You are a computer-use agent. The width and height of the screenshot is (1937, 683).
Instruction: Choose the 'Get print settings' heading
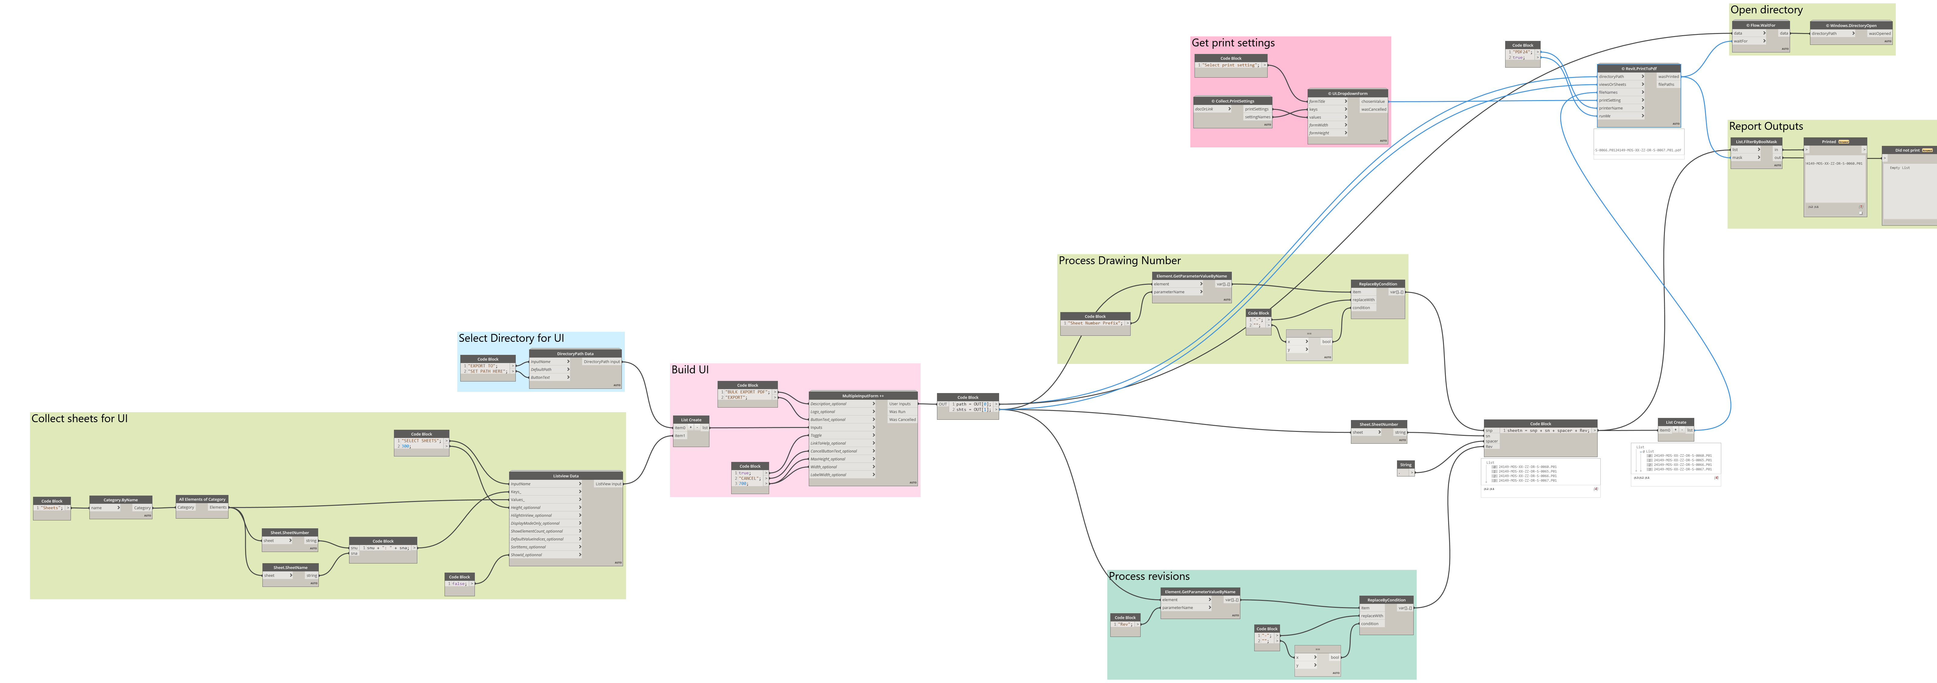click(1233, 43)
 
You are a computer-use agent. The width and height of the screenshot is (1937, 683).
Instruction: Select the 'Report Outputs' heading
click(1765, 126)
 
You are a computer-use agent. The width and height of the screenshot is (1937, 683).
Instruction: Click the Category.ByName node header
click(120, 500)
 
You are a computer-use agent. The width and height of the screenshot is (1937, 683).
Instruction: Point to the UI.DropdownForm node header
click(1348, 93)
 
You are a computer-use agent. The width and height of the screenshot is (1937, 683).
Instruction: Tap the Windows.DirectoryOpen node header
click(1851, 25)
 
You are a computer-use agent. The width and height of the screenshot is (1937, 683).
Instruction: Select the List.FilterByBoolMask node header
click(1756, 141)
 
